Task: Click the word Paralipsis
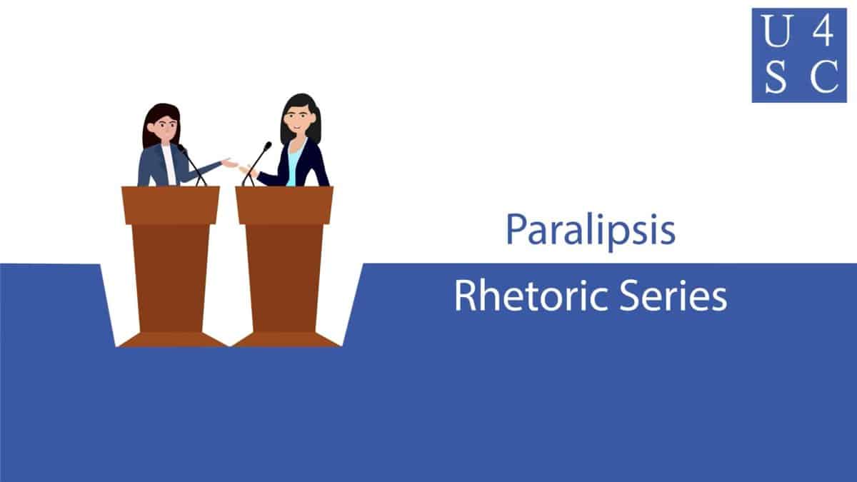point(591,231)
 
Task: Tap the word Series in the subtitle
point(673,296)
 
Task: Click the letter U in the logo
point(777,31)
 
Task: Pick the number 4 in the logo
point(823,31)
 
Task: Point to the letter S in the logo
point(776,76)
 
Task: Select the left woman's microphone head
point(181,149)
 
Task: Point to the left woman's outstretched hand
point(229,164)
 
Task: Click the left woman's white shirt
point(169,165)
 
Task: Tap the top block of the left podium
point(171,205)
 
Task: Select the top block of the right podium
point(284,205)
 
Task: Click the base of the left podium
point(172,340)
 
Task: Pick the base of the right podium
point(286,340)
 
